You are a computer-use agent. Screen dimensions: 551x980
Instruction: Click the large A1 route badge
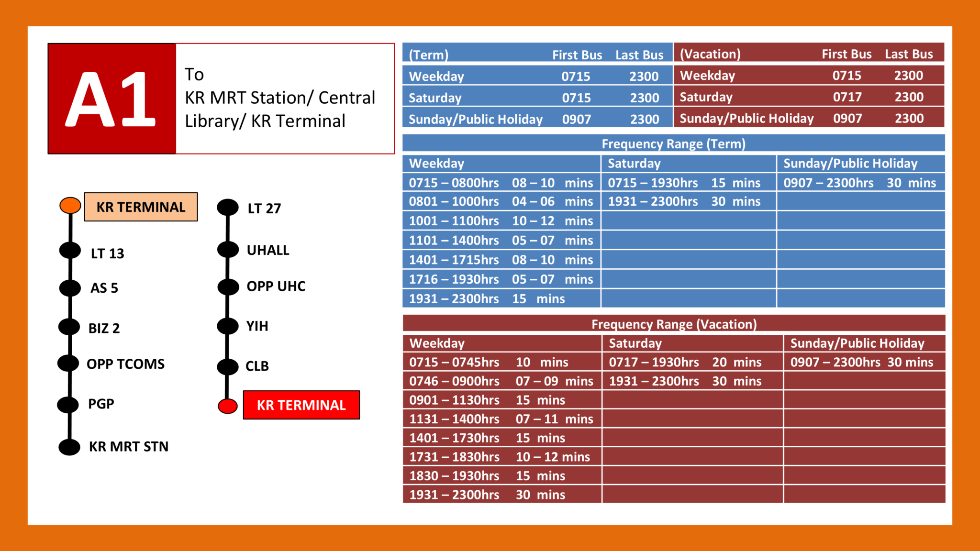111,99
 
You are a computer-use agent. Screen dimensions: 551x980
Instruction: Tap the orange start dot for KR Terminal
70,205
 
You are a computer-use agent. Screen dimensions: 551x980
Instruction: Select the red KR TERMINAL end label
301,405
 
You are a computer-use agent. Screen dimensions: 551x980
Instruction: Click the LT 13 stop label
107,253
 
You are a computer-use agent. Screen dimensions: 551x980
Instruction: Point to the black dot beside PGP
68,405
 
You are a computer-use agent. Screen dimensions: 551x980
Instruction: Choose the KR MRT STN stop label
128,447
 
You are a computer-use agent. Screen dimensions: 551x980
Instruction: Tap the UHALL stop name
267,250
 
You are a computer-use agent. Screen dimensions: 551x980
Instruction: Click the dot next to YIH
228,326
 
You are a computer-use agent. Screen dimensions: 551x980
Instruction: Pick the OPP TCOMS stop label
125,364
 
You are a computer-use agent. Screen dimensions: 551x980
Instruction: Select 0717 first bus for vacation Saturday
847,97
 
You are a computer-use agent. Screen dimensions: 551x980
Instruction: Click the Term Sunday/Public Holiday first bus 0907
576,119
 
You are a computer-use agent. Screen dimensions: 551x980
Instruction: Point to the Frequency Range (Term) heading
673,144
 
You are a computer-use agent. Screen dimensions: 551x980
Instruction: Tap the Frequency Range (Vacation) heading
674,324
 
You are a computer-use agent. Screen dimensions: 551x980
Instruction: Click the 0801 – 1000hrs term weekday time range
454,202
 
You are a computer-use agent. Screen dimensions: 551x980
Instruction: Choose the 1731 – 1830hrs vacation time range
454,457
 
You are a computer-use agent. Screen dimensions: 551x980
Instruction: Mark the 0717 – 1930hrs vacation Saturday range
653,363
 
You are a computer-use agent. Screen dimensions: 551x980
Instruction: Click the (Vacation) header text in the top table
710,54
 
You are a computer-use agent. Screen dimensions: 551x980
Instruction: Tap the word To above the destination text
194,75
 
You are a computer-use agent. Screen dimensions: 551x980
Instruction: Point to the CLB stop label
257,366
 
